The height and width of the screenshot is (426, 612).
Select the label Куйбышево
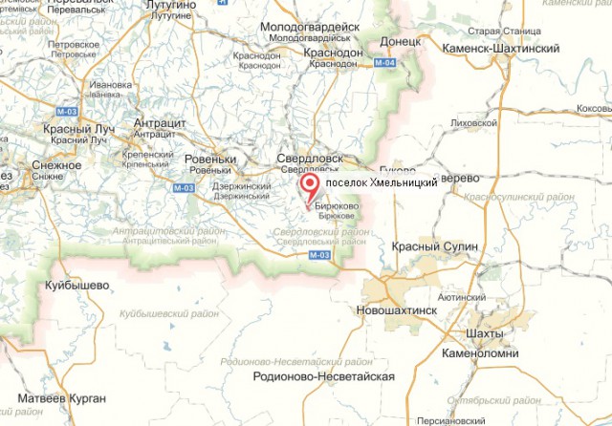[74, 285]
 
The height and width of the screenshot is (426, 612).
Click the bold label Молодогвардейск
[303, 28]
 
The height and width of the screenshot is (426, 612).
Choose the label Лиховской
[478, 122]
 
